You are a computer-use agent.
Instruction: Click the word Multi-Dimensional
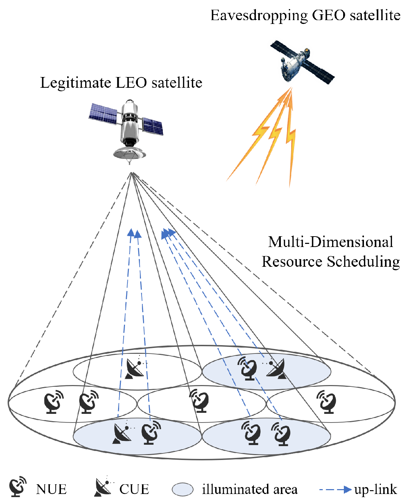[x=330, y=242]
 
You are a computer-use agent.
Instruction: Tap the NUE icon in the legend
[x=18, y=487]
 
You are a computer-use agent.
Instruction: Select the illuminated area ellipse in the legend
[x=182, y=489]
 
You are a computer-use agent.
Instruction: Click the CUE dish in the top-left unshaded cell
[x=135, y=368]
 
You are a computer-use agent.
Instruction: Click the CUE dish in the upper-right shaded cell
[x=276, y=368]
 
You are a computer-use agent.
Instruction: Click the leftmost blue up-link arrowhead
[x=131, y=232]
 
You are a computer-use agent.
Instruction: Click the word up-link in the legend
[x=375, y=489]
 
